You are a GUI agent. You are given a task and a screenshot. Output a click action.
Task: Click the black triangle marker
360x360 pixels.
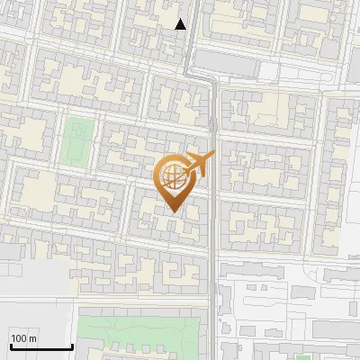pos(181,24)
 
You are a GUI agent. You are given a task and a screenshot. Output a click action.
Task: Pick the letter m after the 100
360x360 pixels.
pos(33,338)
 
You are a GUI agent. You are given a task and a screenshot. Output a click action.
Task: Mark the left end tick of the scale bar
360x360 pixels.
pos(11,346)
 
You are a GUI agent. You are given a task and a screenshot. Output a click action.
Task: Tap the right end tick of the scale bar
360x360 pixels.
pos(72,346)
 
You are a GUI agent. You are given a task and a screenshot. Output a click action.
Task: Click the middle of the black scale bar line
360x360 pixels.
pos(41,347)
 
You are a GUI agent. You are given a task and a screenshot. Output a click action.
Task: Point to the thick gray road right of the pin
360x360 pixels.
pos(213,234)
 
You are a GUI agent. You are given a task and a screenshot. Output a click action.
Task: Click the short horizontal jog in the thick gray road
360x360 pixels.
pos(200,79)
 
